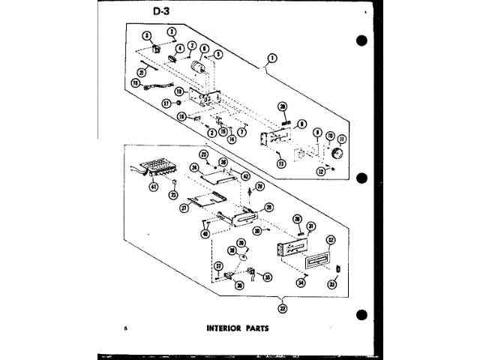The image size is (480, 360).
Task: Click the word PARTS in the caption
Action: coord(255,328)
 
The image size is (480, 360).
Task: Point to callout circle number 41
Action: coord(153,186)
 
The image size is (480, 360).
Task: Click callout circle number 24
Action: coord(193,167)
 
